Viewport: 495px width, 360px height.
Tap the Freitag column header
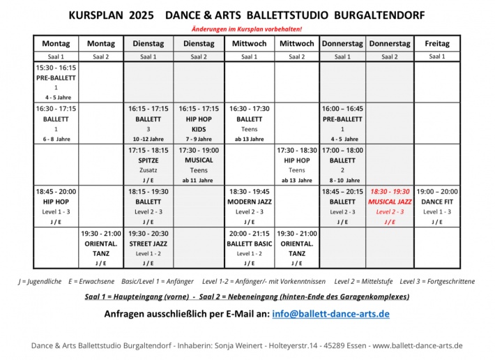click(x=437, y=43)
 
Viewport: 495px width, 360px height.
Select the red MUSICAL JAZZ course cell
click(x=390, y=206)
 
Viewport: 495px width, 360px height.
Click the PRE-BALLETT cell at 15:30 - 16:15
click(x=56, y=82)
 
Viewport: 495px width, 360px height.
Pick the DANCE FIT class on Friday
click(x=437, y=206)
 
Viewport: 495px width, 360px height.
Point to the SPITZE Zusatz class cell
click(x=148, y=165)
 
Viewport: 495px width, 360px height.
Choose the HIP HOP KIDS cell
click(x=199, y=123)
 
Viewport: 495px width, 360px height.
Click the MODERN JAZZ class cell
click(x=249, y=206)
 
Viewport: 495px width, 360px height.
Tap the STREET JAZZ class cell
click(x=148, y=248)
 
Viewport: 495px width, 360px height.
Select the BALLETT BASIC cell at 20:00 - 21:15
click(x=249, y=248)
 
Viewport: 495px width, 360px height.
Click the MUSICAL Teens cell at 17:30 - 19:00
click(x=199, y=165)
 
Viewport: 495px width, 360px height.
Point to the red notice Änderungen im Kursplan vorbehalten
click(x=247, y=29)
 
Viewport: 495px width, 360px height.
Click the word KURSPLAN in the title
click(x=95, y=15)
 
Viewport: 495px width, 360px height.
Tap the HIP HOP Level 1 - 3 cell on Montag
click(x=56, y=206)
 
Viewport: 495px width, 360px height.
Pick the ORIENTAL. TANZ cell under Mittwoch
click(x=296, y=248)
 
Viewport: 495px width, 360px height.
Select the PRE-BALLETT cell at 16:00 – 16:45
click(x=342, y=123)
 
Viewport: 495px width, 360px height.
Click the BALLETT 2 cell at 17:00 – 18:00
click(x=342, y=165)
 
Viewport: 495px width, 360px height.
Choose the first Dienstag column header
click(x=148, y=43)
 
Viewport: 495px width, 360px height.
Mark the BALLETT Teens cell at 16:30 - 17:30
click(x=249, y=123)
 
